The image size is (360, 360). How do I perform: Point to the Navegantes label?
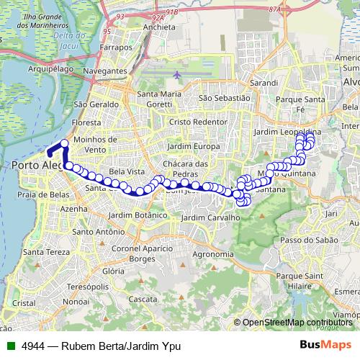104,72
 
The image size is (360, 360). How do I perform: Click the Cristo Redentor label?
194,122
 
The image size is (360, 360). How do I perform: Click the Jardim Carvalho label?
210,217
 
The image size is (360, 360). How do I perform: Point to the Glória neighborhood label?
113,271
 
